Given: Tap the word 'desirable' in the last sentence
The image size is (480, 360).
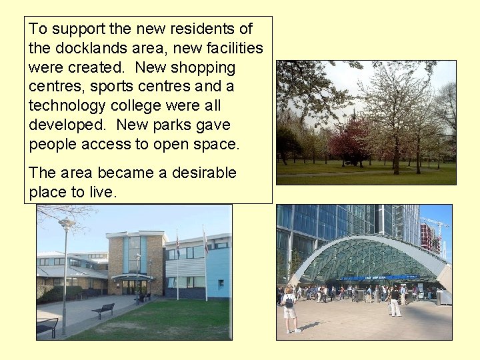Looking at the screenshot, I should click(203, 173).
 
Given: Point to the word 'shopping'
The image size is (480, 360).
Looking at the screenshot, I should click(203, 67).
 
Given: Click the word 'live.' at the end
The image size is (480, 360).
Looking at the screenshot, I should click(101, 192).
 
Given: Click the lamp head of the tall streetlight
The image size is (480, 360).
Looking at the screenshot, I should click(67, 223).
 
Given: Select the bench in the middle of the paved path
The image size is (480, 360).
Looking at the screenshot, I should click(103, 310).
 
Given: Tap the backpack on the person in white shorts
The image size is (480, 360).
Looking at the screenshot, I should click(289, 301).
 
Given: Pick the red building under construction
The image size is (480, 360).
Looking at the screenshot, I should click(427, 237).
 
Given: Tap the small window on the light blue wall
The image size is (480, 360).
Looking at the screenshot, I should click(221, 283).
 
